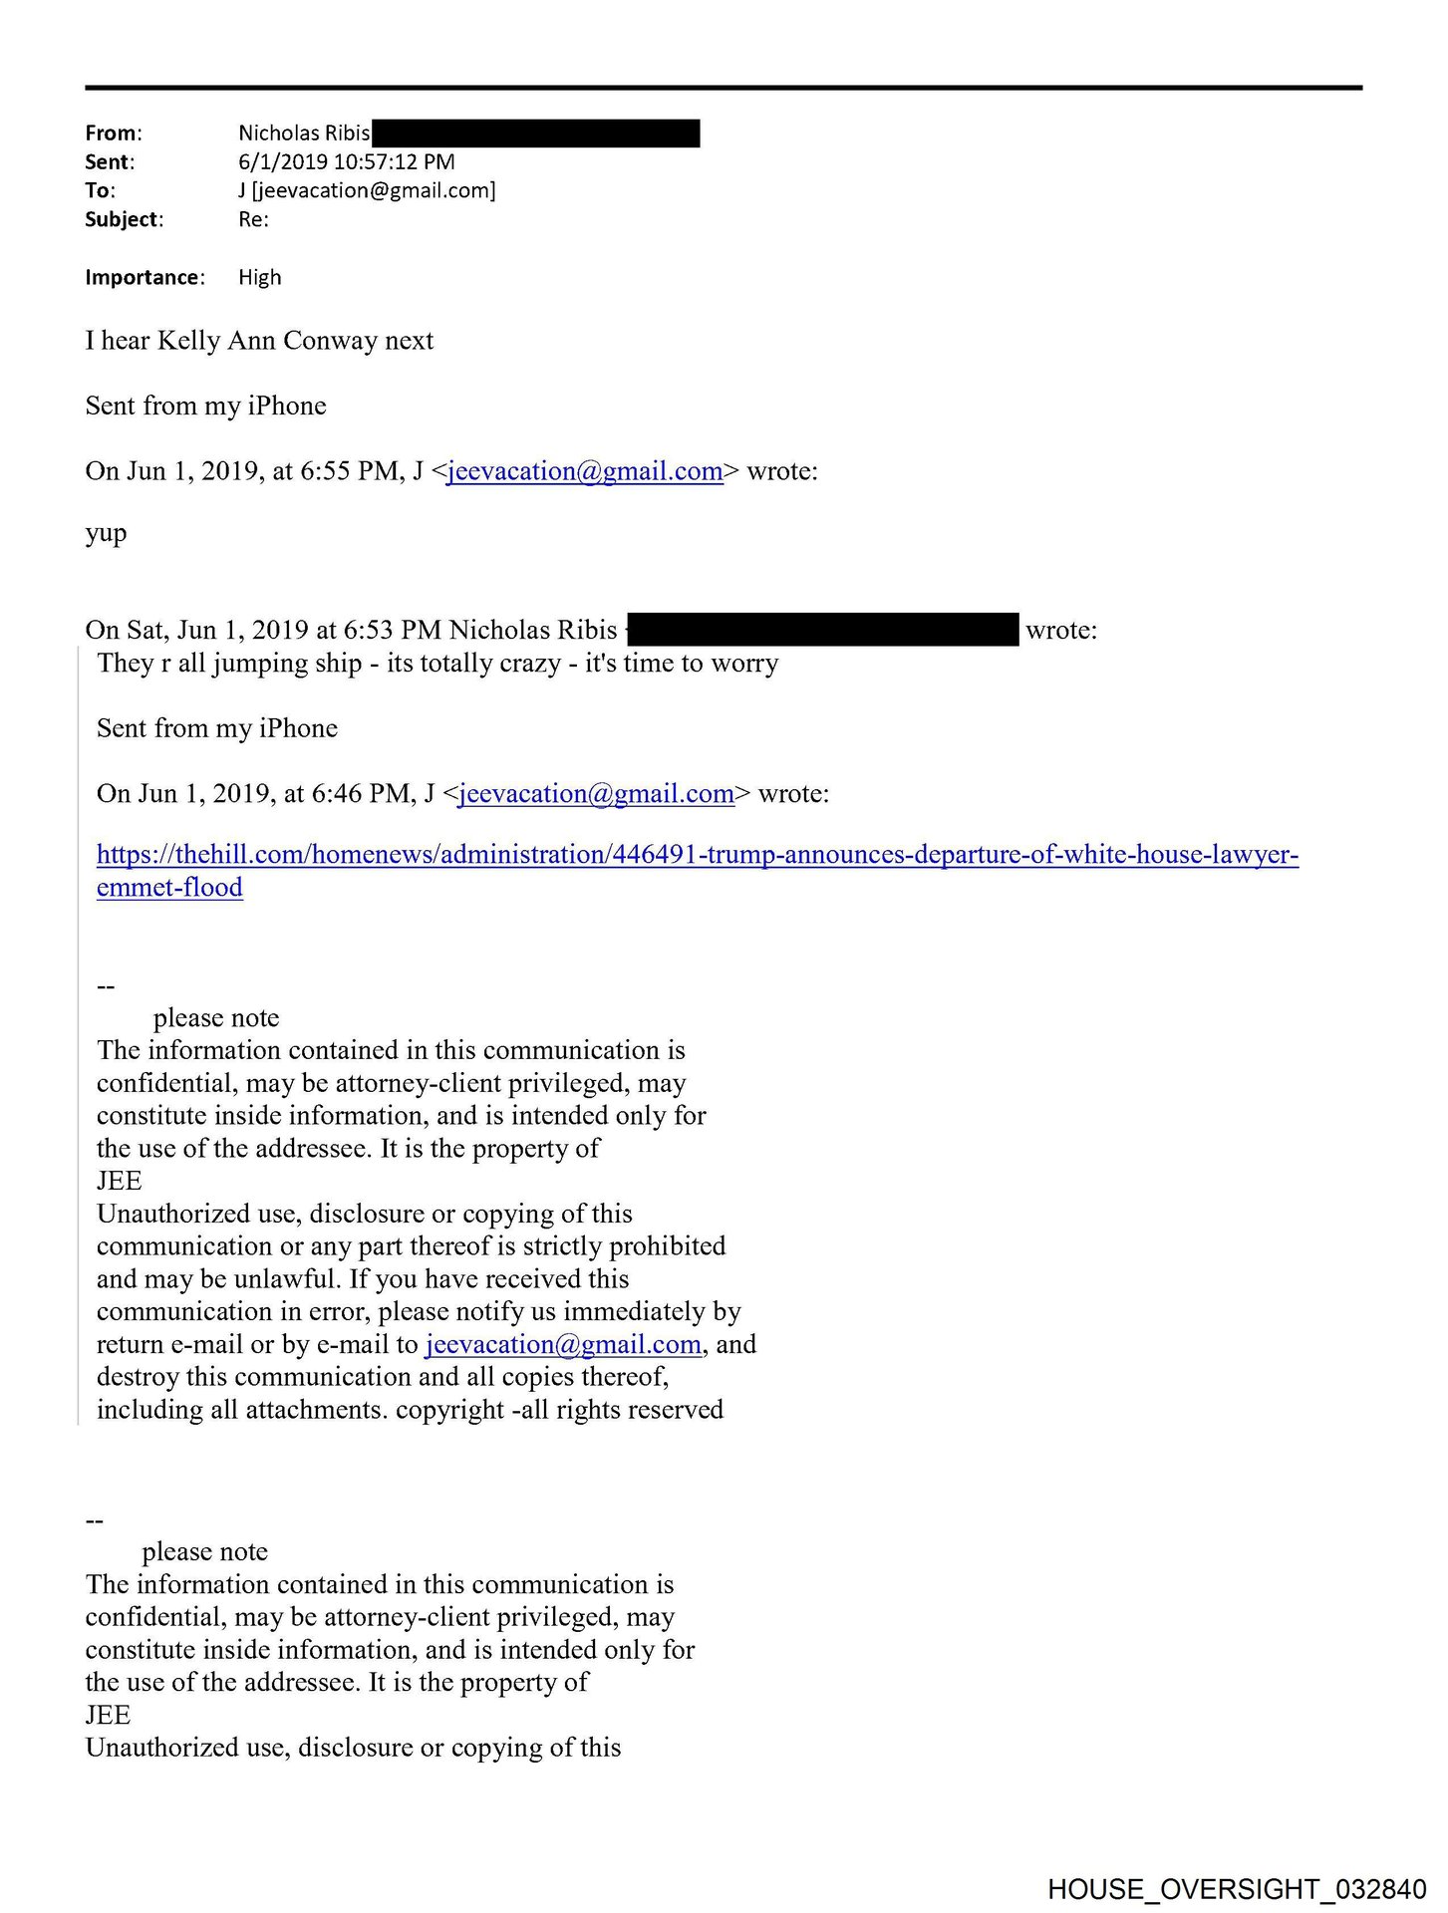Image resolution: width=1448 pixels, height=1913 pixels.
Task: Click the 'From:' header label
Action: pos(114,134)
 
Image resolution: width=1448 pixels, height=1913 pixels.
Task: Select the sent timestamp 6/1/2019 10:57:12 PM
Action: pos(346,161)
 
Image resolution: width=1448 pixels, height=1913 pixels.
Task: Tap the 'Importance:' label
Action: pos(145,277)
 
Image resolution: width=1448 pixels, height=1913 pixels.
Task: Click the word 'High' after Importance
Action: pos(260,277)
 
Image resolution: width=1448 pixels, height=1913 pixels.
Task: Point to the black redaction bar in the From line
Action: pos(535,134)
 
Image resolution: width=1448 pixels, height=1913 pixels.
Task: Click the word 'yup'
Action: pos(106,533)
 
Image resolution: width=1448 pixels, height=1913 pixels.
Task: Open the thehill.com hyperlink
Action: pos(697,855)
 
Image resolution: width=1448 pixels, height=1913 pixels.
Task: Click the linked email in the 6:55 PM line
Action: pos(585,471)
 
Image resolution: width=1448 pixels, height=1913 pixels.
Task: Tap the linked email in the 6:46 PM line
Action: pos(596,794)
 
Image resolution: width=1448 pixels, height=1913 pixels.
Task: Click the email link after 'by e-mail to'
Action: pos(563,1345)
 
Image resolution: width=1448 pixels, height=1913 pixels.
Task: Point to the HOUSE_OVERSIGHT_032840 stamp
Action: pos(1237,1889)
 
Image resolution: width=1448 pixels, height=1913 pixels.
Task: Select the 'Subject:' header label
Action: pos(124,219)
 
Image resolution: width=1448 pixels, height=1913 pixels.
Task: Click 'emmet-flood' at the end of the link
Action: pos(169,888)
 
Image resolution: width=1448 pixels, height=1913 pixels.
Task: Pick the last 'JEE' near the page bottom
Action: pos(108,1715)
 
